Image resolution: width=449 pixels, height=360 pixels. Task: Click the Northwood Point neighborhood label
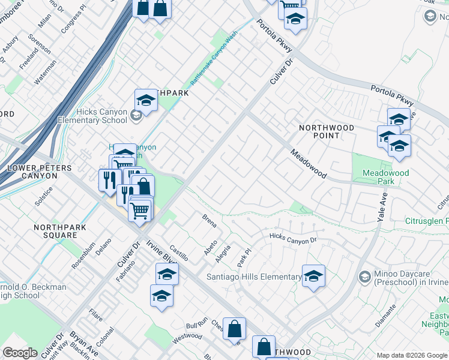(327, 131)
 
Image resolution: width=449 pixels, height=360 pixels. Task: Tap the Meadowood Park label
(385, 177)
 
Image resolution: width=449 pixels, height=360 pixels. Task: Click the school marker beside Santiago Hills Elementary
(313, 276)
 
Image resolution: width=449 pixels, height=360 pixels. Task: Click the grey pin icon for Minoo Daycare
(364, 277)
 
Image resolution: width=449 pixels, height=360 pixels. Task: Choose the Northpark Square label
(60, 232)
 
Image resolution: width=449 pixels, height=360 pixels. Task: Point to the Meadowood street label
(309, 164)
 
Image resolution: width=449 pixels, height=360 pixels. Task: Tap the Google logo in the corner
(20, 353)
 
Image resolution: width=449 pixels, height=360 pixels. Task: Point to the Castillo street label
(178, 252)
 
